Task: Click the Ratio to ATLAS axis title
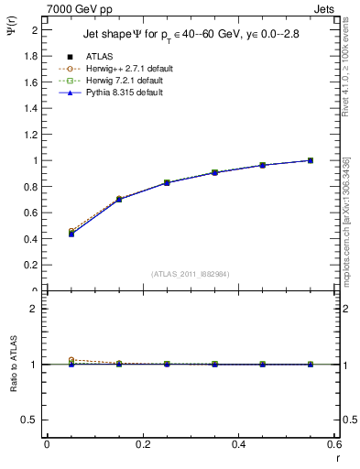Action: pos(12,364)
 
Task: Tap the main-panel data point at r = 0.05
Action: pos(71,234)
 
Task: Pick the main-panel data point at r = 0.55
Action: pos(311,160)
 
